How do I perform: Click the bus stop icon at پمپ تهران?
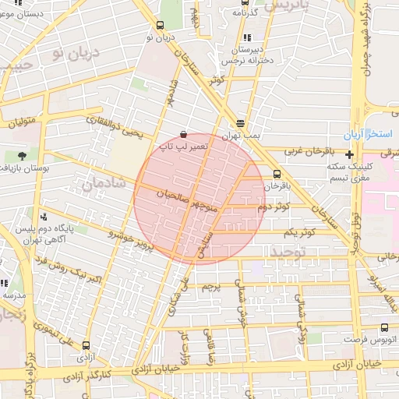click(240, 123)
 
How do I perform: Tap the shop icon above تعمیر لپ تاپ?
click(183, 134)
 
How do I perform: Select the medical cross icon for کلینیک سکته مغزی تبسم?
click(349, 154)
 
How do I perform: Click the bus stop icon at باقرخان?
click(277, 174)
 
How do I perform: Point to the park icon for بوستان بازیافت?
click(21, 156)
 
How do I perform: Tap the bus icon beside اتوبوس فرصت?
click(384, 328)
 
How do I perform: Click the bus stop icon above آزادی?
click(86, 344)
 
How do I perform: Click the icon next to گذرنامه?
click(235, 12)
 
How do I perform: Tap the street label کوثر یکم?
click(300, 232)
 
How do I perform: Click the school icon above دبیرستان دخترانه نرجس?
click(247, 37)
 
